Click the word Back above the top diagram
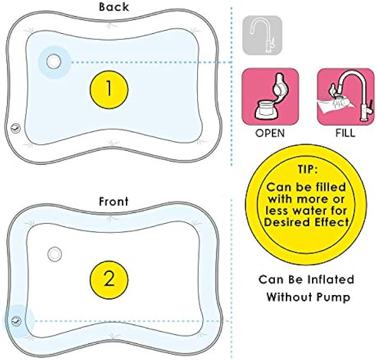pyautogui.click(x=114, y=7)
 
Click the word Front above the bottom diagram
pyautogui.click(x=113, y=202)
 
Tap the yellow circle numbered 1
pyautogui.click(x=109, y=89)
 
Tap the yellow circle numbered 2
pyautogui.click(x=109, y=278)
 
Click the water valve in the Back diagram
pyautogui.click(x=54, y=62)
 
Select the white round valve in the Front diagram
pyautogui.click(x=54, y=253)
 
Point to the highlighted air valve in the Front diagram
pyautogui.click(x=17, y=321)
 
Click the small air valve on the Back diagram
pyautogui.click(x=17, y=128)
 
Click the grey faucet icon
pyautogui.click(x=262, y=36)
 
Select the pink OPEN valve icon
pyautogui.click(x=270, y=98)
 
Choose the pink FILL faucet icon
pyautogui.click(x=344, y=98)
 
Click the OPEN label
pyautogui.click(x=270, y=133)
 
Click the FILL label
pyautogui.click(x=344, y=133)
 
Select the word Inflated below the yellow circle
pyautogui.click(x=327, y=279)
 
